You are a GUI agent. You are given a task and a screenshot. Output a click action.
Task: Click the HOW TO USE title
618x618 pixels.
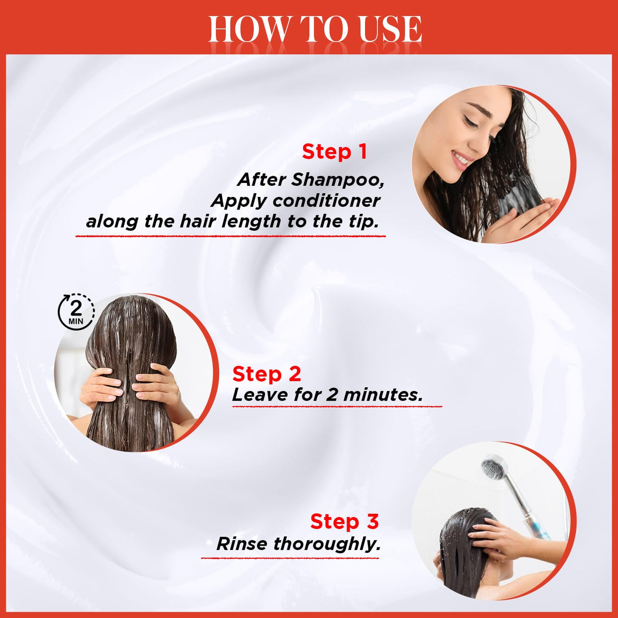coord(315,29)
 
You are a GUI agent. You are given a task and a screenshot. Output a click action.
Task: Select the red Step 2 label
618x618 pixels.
coord(267,374)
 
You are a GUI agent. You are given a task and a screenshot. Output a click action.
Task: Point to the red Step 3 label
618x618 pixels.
coord(344,521)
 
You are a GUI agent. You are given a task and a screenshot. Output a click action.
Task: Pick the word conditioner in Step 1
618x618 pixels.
coord(326,201)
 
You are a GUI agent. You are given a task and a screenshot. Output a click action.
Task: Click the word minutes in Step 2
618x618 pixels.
coord(383,395)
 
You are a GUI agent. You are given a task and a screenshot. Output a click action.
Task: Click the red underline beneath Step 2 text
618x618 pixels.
coord(337,407)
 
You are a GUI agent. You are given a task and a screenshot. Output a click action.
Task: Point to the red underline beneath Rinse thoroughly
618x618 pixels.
coord(290,558)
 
